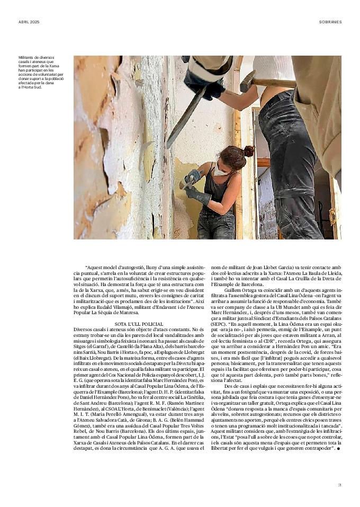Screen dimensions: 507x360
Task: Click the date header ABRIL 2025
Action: click(x=29, y=22)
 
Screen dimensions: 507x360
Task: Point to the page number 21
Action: click(x=339, y=484)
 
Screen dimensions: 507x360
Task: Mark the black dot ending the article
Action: click(x=338, y=449)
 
